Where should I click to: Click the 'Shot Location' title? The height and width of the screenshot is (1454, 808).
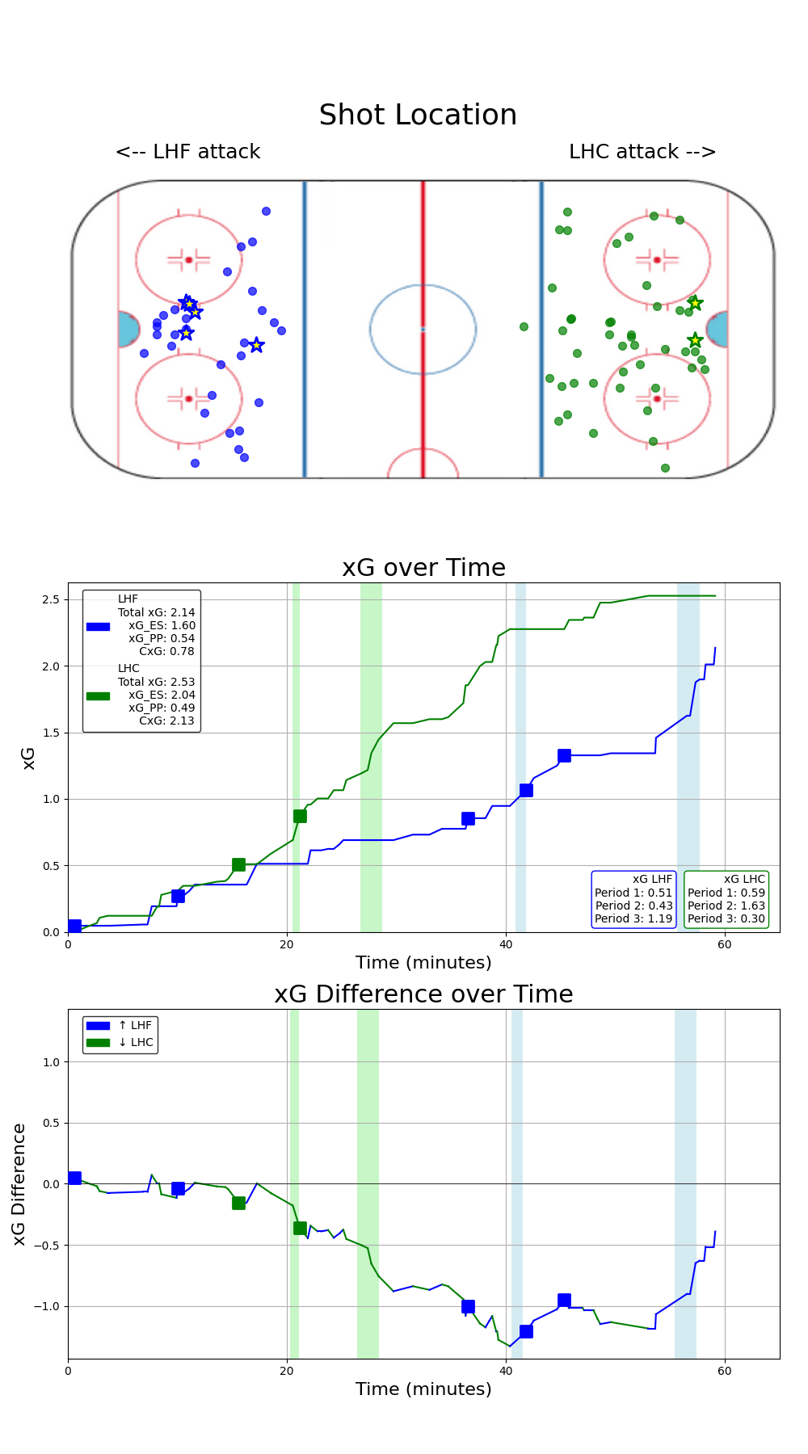(x=418, y=116)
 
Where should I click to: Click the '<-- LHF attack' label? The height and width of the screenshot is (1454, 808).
(x=187, y=152)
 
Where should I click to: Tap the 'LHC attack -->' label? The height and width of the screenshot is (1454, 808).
(x=642, y=152)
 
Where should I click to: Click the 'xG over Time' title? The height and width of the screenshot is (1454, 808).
(x=423, y=568)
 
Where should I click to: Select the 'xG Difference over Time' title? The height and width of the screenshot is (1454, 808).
(x=423, y=994)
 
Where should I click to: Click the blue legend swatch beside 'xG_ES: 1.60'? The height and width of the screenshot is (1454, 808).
(x=98, y=626)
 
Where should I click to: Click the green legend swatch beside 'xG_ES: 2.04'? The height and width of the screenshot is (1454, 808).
(x=98, y=695)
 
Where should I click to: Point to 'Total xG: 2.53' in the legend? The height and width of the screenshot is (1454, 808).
(x=156, y=682)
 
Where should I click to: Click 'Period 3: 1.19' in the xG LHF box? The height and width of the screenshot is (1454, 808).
(x=633, y=918)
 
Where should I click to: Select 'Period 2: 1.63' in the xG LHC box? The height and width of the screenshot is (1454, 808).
(x=726, y=906)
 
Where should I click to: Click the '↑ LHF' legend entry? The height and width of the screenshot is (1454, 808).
(x=135, y=1026)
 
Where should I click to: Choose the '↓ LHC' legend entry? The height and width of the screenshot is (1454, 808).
(x=135, y=1042)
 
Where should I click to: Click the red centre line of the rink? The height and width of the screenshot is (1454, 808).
(x=423, y=242)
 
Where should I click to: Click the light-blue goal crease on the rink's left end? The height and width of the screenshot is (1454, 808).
(x=127, y=330)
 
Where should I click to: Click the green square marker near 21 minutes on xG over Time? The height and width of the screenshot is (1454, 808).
(x=300, y=816)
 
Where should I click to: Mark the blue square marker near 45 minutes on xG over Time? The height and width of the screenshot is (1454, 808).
(x=564, y=755)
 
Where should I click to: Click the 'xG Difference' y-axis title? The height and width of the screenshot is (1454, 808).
(x=19, y=1183)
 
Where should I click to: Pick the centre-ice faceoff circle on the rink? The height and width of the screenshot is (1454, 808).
(x=423, y=329)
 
